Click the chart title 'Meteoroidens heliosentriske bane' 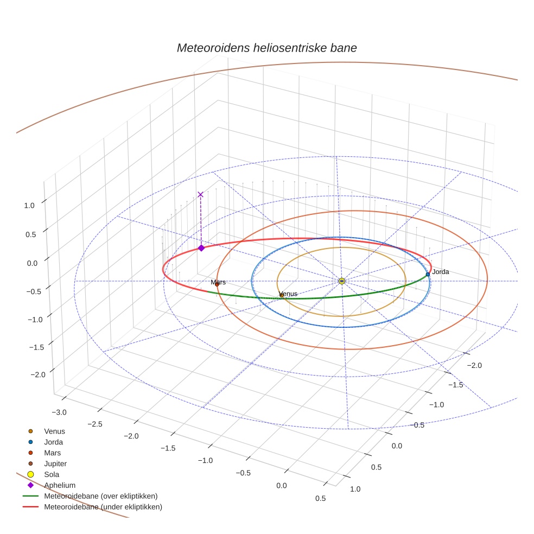266,48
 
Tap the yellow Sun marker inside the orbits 341,281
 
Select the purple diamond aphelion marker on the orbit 201,247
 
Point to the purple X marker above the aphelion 200,194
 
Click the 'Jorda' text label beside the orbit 440,272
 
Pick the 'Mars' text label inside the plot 218,282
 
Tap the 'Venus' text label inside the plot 288,294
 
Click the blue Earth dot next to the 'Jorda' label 428,274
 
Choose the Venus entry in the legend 54,431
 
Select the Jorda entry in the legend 53,442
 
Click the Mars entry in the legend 52,453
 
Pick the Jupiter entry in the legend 55,463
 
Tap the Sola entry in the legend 52,474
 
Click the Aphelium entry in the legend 60,485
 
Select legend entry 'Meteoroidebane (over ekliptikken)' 100,496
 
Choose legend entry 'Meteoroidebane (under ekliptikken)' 103,507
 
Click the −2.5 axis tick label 94,424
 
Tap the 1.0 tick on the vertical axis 29,205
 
